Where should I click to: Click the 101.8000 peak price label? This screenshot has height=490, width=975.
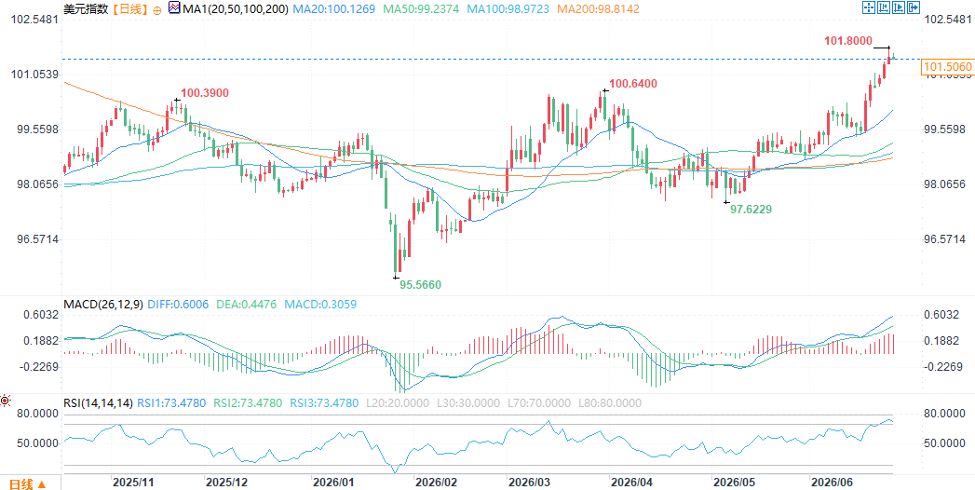click(x=848, y=40)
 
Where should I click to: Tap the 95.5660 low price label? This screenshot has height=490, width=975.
click(x=420, y=284)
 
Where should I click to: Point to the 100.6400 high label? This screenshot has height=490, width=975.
click(x=633, y=83)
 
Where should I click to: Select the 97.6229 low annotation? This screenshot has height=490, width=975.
click(x=751, y=210)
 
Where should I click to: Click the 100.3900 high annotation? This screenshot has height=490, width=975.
click(x=205, y=93)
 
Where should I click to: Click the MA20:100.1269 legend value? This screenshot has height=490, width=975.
click(x=334, y=8)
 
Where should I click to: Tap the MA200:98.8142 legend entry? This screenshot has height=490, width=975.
click(x=599, y=8)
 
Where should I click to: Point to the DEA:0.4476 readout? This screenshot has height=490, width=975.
click(x=247, y=304)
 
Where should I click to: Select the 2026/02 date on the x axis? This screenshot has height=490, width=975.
click(x=436, y=482)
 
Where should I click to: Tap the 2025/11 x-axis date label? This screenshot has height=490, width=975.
click(x=133, y=482)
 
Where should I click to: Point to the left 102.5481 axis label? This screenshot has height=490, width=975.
click(x=35, y=20)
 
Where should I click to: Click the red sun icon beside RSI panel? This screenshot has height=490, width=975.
click(x=5, y=402)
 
